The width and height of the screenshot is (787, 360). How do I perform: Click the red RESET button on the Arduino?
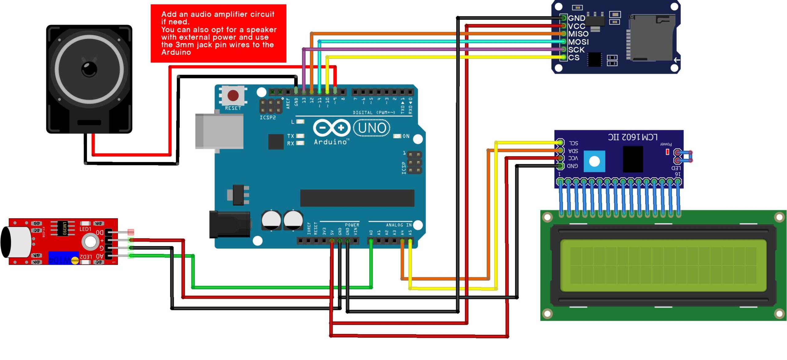coord(233,95)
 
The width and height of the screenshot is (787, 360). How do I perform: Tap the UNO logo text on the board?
coord(372,128)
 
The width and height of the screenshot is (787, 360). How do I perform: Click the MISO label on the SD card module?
coord(578,34)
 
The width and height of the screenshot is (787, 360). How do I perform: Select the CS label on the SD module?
coord(574,57)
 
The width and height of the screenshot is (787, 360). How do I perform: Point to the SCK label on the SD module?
coord(576,49)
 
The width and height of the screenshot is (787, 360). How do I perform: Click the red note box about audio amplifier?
coord(218,33)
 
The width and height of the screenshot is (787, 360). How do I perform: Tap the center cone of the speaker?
coord(89,69)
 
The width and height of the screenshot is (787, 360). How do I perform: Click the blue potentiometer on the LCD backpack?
coord(594,161)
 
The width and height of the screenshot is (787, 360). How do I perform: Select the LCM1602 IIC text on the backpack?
coord(633,137)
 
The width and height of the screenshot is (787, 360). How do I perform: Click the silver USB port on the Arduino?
coord(219,131)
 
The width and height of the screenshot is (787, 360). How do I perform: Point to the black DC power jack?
coord(229,224)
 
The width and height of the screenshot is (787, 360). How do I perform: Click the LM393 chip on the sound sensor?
coord(63,228)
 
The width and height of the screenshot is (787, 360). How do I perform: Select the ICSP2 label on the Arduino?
coord(267,118)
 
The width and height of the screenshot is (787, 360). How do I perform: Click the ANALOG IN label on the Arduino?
coord(399,225)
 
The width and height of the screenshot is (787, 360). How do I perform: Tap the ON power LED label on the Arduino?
coord(406,136)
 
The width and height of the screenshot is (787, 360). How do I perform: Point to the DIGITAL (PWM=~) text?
coord(374,113)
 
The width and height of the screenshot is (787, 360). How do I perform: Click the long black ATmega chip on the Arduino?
coord(357,198)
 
